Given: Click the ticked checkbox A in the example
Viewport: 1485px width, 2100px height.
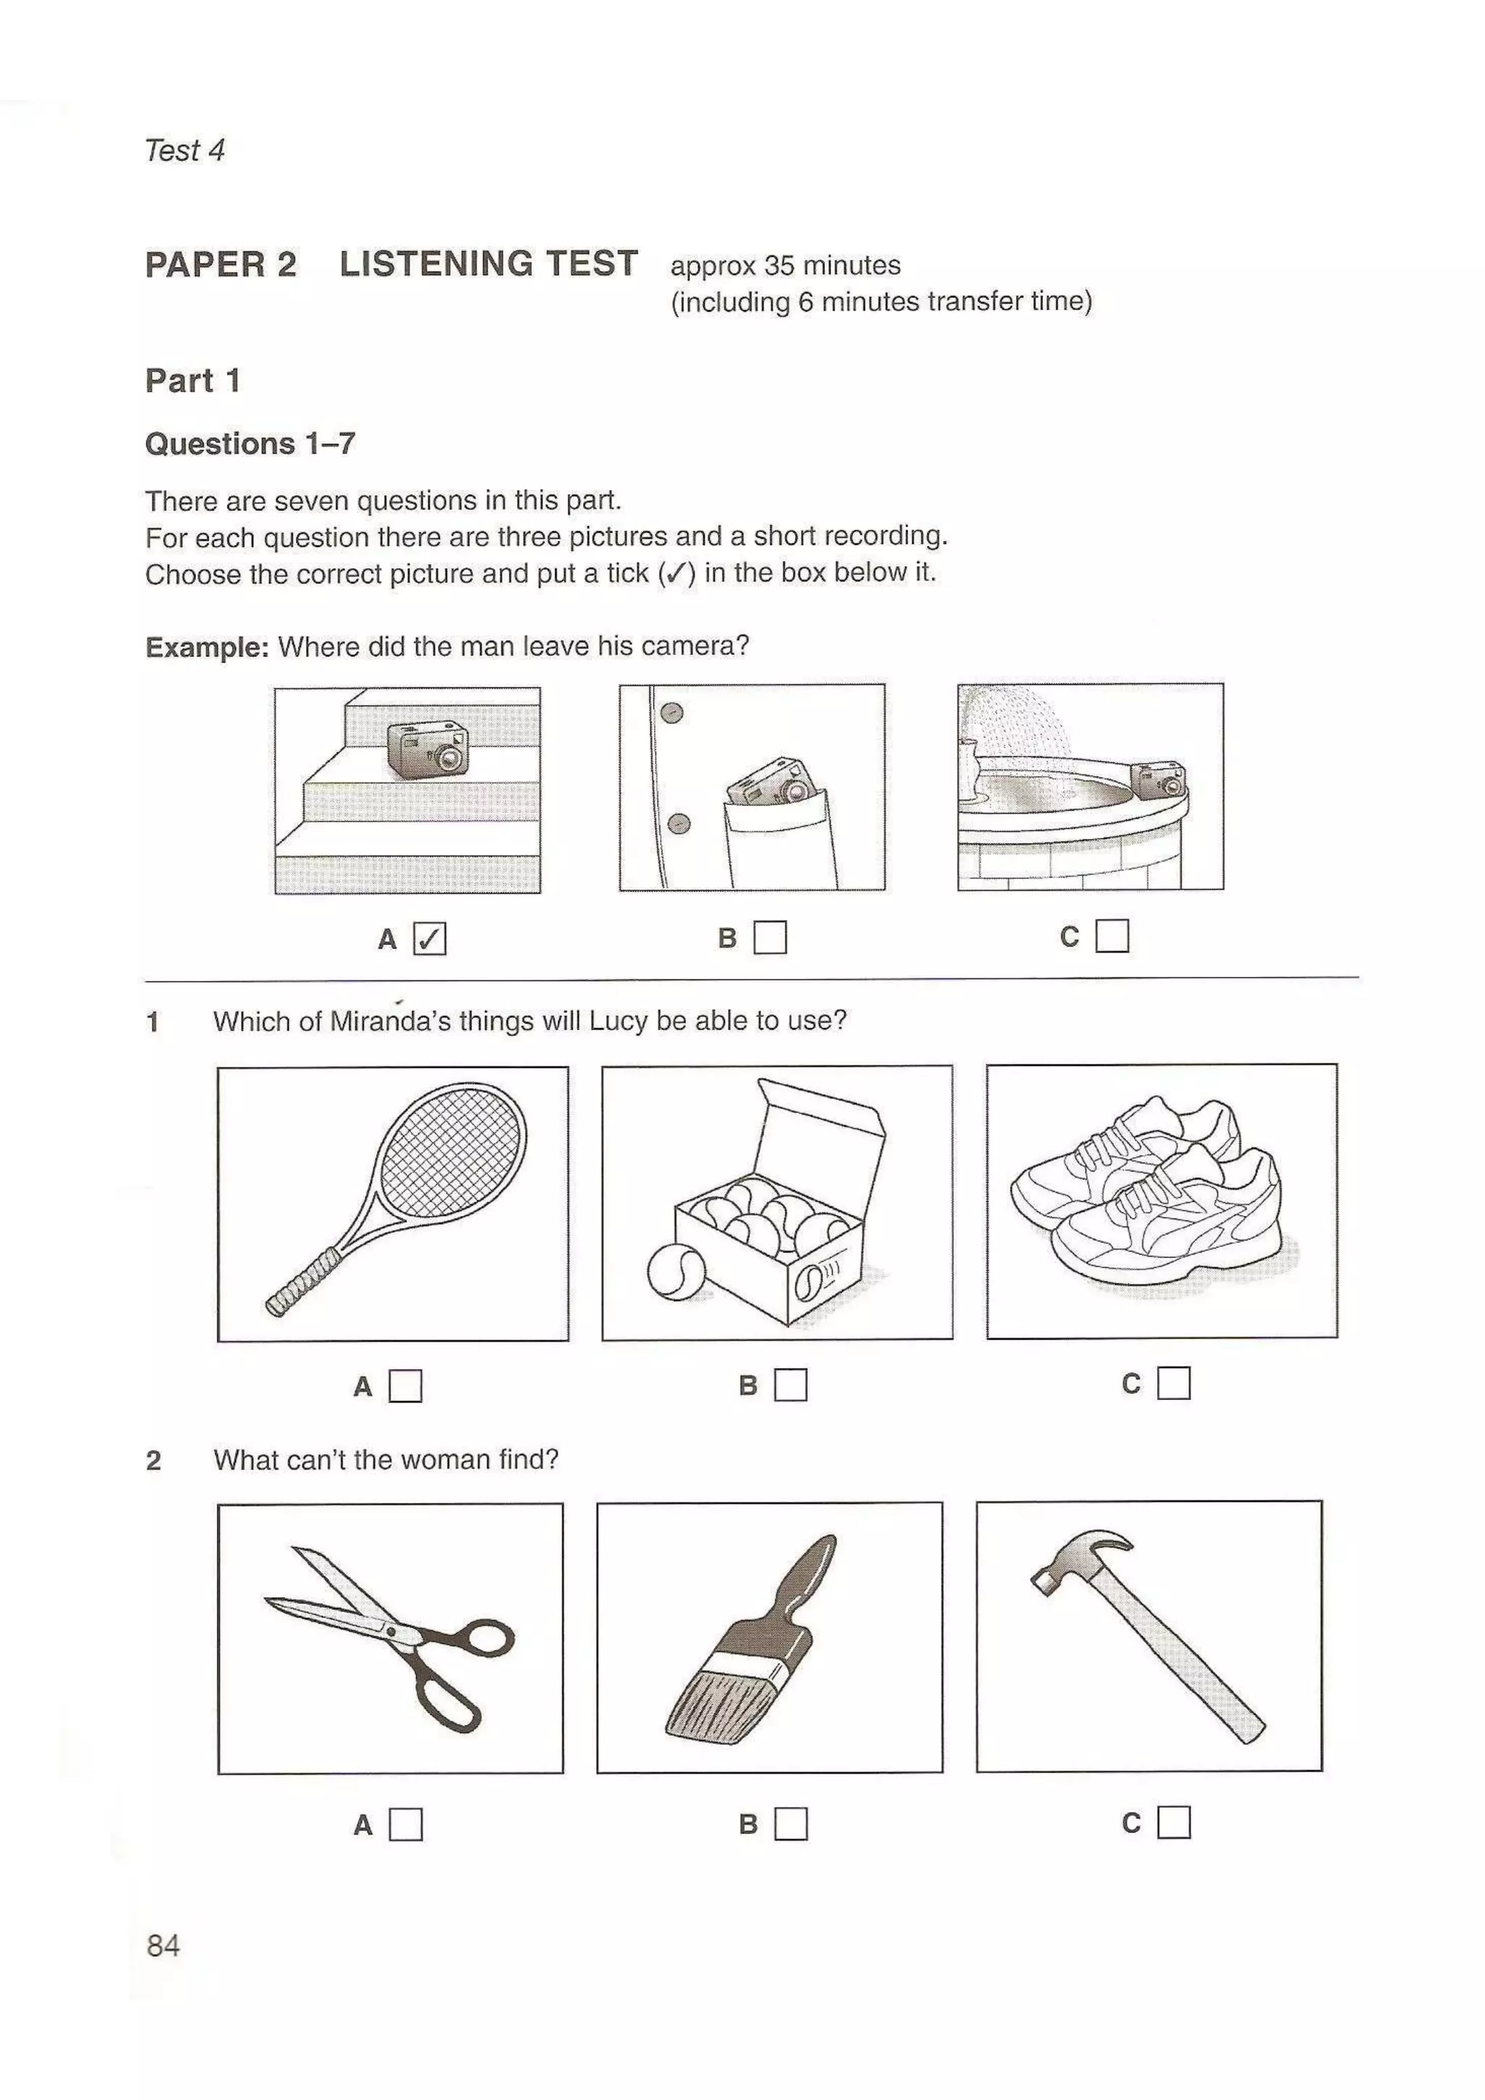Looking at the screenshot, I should [429, 938].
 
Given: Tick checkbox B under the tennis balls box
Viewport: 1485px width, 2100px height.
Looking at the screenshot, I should [790, 1385].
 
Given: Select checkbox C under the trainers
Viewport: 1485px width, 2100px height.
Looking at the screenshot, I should [1173, 1383].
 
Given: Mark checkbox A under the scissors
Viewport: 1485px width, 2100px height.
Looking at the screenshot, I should [405, 1825].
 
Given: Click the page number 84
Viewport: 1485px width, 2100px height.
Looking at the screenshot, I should [163, 1946].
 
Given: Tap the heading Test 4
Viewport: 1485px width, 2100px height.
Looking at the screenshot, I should [184, 150].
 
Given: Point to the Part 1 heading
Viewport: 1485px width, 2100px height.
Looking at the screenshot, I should [192, 380].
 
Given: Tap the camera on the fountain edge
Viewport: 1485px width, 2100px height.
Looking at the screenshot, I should [1159, 779].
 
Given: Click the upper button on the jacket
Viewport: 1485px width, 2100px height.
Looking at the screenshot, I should [671, 712].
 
